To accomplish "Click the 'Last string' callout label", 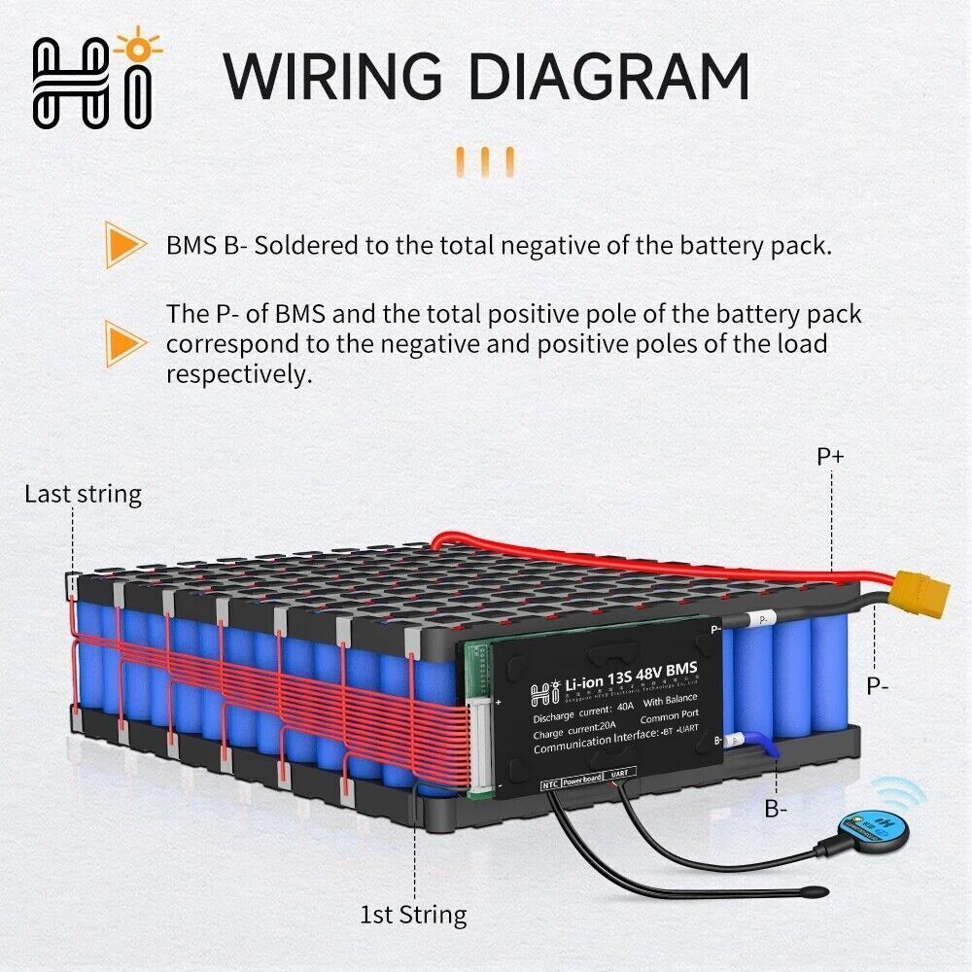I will [x=83, y=494].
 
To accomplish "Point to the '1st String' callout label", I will [x=413, y=915].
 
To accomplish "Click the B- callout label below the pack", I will [x=775, y=808].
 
